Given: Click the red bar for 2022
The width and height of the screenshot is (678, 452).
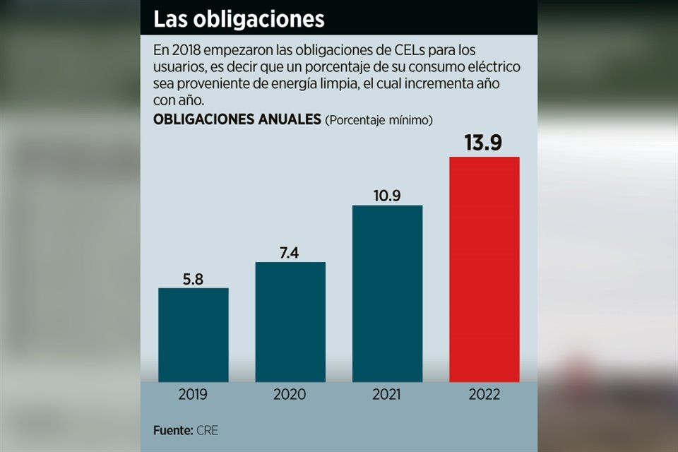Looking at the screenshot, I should [484, 268].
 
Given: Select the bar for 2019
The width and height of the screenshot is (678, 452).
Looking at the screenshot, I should [193, 335].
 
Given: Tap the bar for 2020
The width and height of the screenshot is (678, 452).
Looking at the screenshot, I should [290, 321].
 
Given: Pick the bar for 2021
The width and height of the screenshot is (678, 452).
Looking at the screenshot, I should [387, 293].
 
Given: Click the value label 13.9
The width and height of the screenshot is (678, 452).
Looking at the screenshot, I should [483, 143].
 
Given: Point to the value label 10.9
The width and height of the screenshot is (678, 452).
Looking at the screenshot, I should [387, 196].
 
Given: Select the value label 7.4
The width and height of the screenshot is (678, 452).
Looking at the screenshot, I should [290, 253].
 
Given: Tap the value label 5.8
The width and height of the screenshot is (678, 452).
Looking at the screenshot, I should [193, 278].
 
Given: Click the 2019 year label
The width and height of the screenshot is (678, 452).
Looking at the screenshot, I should [193, 394].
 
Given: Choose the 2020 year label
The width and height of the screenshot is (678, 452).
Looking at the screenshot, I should [290, 394].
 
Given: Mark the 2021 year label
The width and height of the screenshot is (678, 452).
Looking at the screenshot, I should [387, 394].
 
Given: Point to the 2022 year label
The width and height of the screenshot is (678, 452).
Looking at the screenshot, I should [484, 394].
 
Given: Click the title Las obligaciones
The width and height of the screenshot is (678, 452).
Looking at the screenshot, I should [239, 19].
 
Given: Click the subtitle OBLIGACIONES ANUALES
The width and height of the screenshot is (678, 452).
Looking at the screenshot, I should [237, 119].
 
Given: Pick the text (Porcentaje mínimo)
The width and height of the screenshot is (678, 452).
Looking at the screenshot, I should [379, 120].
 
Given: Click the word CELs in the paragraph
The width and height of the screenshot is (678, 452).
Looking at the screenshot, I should [404, 52].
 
